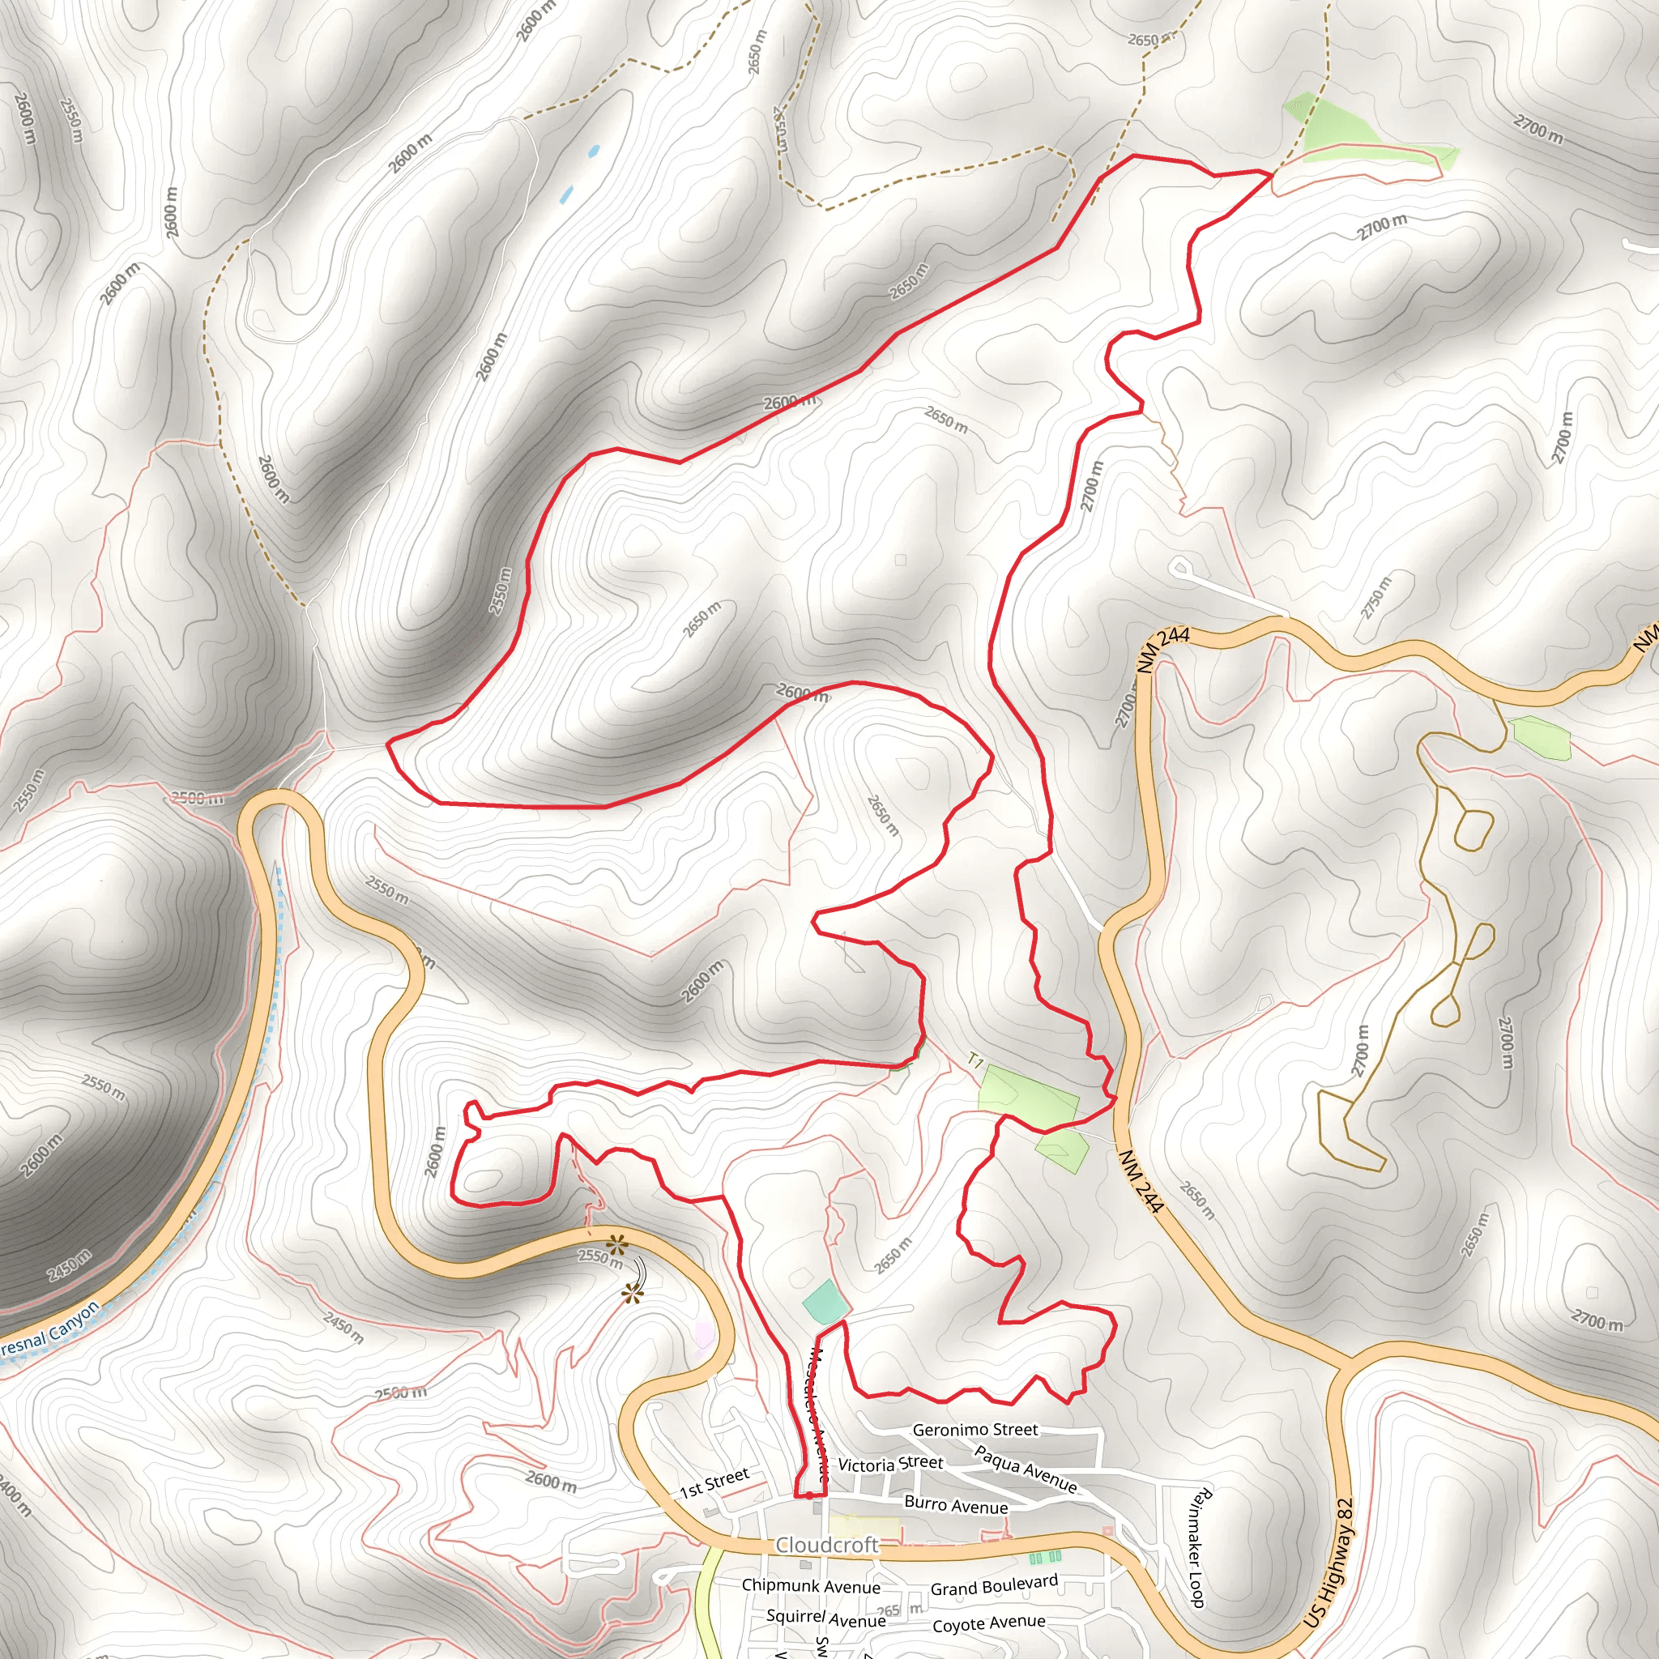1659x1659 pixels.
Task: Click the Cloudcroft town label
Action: click(827, 1545)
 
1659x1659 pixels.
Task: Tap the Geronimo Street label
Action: click(975, 1430)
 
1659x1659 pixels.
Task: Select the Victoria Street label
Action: click(890, 1464)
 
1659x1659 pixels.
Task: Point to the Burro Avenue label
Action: click(956, 1504)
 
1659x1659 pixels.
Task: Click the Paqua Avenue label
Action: click(1026, 1469)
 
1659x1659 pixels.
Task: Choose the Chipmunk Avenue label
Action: click(811, 1586)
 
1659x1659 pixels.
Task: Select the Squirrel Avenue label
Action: click(825, 1618)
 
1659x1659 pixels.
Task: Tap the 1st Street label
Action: click(714, 1482)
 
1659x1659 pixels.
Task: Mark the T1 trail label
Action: click(975, 1061)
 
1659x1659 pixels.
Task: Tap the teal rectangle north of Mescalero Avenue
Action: click(825, 1302)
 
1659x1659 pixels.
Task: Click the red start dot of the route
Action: click(809, 1496)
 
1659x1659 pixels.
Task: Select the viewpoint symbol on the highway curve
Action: click(616, 1243)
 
